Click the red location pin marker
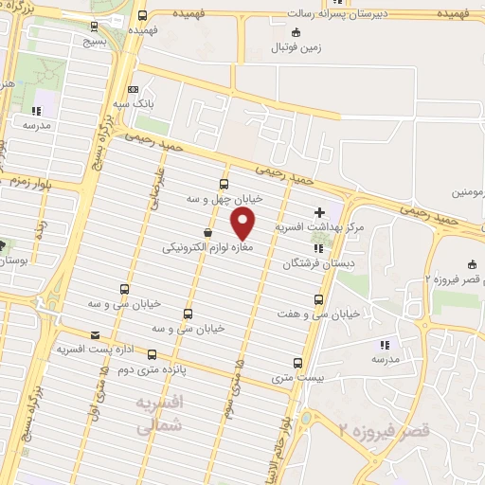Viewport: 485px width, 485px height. tap(243, 224)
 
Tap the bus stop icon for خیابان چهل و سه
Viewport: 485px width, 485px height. tap(224, 184)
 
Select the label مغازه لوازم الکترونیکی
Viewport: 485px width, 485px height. tap(196, 247)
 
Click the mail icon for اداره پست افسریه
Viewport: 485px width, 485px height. tap(94, 334)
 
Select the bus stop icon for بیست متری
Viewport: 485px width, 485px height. tap(299, 363)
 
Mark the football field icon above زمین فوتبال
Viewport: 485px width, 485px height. tap(296, 31)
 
